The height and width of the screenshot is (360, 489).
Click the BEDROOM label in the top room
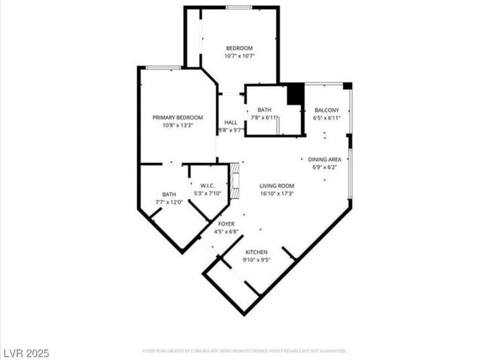coord(239,48)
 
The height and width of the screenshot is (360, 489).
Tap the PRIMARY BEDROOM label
coord(178,117)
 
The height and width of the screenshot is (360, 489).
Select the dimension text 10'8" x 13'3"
coord(178,126)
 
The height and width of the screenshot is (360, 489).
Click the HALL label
coord(230,122)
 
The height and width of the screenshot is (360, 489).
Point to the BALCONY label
coord(327,110)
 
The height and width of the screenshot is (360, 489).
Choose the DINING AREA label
coord(325,159)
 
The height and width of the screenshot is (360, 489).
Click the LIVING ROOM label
coord(277,186)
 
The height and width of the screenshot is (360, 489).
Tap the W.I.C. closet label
coord(208,186)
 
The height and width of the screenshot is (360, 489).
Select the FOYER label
coord(226,224)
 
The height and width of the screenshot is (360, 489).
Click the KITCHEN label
coord(256,252)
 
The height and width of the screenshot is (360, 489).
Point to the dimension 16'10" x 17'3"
coord(277,194)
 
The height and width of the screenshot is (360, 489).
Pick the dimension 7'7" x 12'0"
coord(169,202)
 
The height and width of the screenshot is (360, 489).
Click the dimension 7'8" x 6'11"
coord(263,118)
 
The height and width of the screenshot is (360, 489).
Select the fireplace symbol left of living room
coord(234,180)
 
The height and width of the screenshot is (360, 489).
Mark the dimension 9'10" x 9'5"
coord(256,260)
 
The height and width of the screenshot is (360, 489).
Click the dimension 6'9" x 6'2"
coord(325,167)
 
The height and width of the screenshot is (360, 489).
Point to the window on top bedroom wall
coord(238,8)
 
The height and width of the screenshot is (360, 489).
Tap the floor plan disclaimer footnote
coord(244,351)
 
